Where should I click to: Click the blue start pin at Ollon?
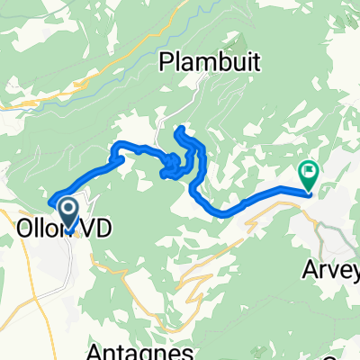click(68, 216)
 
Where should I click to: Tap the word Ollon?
click(40, 229)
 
